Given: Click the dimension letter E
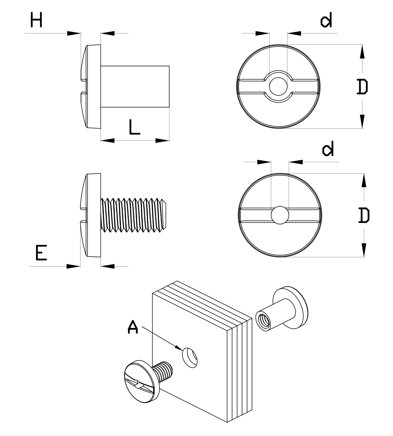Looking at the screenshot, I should (x=41, y=253).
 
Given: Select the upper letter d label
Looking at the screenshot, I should (x=326, y=21).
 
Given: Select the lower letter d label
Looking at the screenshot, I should (x=328, y=149).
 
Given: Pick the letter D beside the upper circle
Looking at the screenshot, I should (x=362, y=87).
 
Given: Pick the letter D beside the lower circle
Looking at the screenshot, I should (x=364, y=215).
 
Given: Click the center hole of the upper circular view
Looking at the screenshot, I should (x=278, y=87).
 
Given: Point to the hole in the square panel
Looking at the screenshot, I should (x=190, y=358).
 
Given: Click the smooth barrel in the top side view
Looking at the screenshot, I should (x=135, y=87).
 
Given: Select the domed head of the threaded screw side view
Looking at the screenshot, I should (x=91, y=215).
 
